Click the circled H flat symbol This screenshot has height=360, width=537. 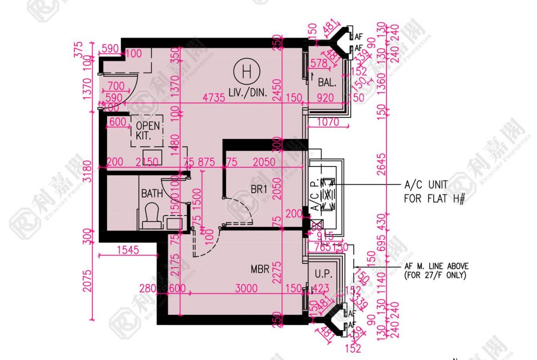[x=246, y=72]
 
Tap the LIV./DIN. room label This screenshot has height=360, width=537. [x=246, y=92]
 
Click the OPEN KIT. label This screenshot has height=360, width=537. [x=148, y=130]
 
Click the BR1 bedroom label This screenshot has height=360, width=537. [x=259, y=189]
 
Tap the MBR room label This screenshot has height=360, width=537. [x=260, y=269]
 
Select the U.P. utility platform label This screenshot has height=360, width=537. [x=323, y=274]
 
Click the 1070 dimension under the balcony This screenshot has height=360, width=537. [x=328, y=122]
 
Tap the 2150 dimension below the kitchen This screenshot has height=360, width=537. [x=147, y=162]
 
